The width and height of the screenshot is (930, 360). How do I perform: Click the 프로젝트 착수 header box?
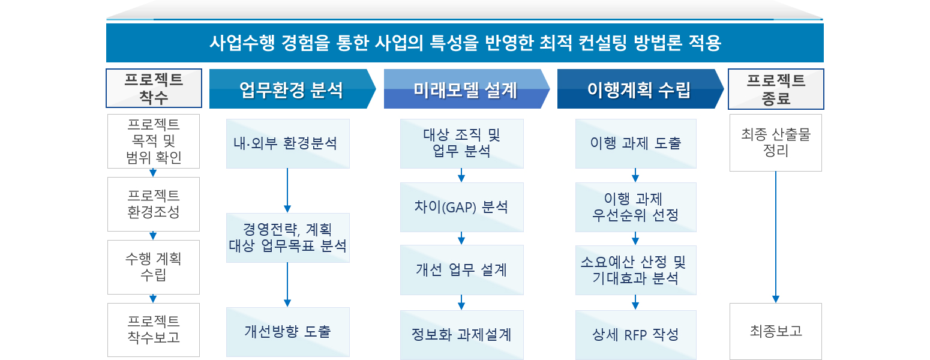click(x=154, y=89)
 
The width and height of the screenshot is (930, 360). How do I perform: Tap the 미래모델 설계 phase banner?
click(x=465, y=91)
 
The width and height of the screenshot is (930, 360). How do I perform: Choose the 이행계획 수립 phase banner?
click(x=638, y=91)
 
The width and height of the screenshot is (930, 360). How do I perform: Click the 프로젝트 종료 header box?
click(x=776, y=89)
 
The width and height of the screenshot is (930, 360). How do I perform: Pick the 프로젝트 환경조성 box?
click(x=154, y=204)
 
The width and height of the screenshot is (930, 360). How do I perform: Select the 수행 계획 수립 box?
click(x=154, y=267)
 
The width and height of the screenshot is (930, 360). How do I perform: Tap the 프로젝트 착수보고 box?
click(x=154, y=329)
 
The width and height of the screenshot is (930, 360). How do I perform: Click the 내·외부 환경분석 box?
click(x=287, y=144)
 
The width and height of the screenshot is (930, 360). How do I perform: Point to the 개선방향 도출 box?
click(x=287, y=331)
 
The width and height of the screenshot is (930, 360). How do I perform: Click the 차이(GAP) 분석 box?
click(x=461, y=207)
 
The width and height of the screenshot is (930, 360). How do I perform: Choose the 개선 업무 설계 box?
click(x=461, y=269)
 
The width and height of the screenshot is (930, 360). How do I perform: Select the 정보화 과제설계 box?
click(x=461, y=334)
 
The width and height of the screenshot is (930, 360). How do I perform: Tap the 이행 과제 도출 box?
click(x=635, y=144)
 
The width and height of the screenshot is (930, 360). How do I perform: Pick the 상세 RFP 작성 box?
click(x=635, y=334)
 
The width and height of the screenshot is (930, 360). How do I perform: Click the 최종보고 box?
click(x=776, y=331)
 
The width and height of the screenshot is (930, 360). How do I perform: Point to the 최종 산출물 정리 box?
click(x=776, y=143)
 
